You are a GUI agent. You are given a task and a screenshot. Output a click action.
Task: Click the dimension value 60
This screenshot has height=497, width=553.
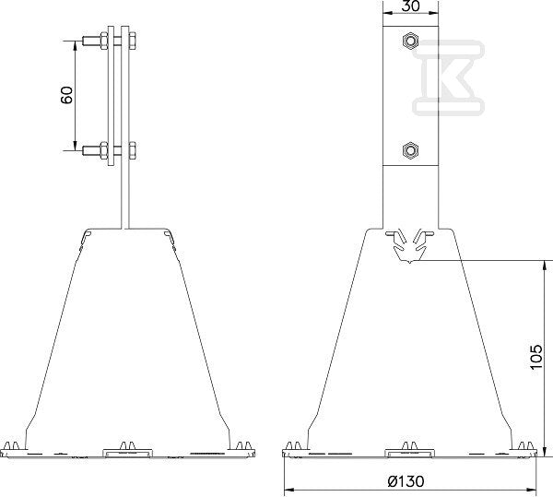coord(66,95)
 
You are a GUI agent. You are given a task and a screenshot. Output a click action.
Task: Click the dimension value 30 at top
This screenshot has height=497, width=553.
coord(411,6)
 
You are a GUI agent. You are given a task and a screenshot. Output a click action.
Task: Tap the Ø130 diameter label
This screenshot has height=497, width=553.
coord(406,480)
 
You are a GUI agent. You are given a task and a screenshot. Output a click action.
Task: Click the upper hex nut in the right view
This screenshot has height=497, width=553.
coord(410,41)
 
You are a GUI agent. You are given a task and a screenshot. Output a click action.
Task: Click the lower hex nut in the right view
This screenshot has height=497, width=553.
coord(410,150)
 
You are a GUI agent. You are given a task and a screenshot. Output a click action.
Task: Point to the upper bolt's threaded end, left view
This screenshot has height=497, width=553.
coord(91,41)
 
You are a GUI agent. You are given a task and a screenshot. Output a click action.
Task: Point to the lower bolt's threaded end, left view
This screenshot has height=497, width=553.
coord(91,150)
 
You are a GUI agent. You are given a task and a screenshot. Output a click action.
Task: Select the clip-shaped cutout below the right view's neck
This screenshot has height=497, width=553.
coord(410,245)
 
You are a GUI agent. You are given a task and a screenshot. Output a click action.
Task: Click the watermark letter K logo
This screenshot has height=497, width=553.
coord(448,78)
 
